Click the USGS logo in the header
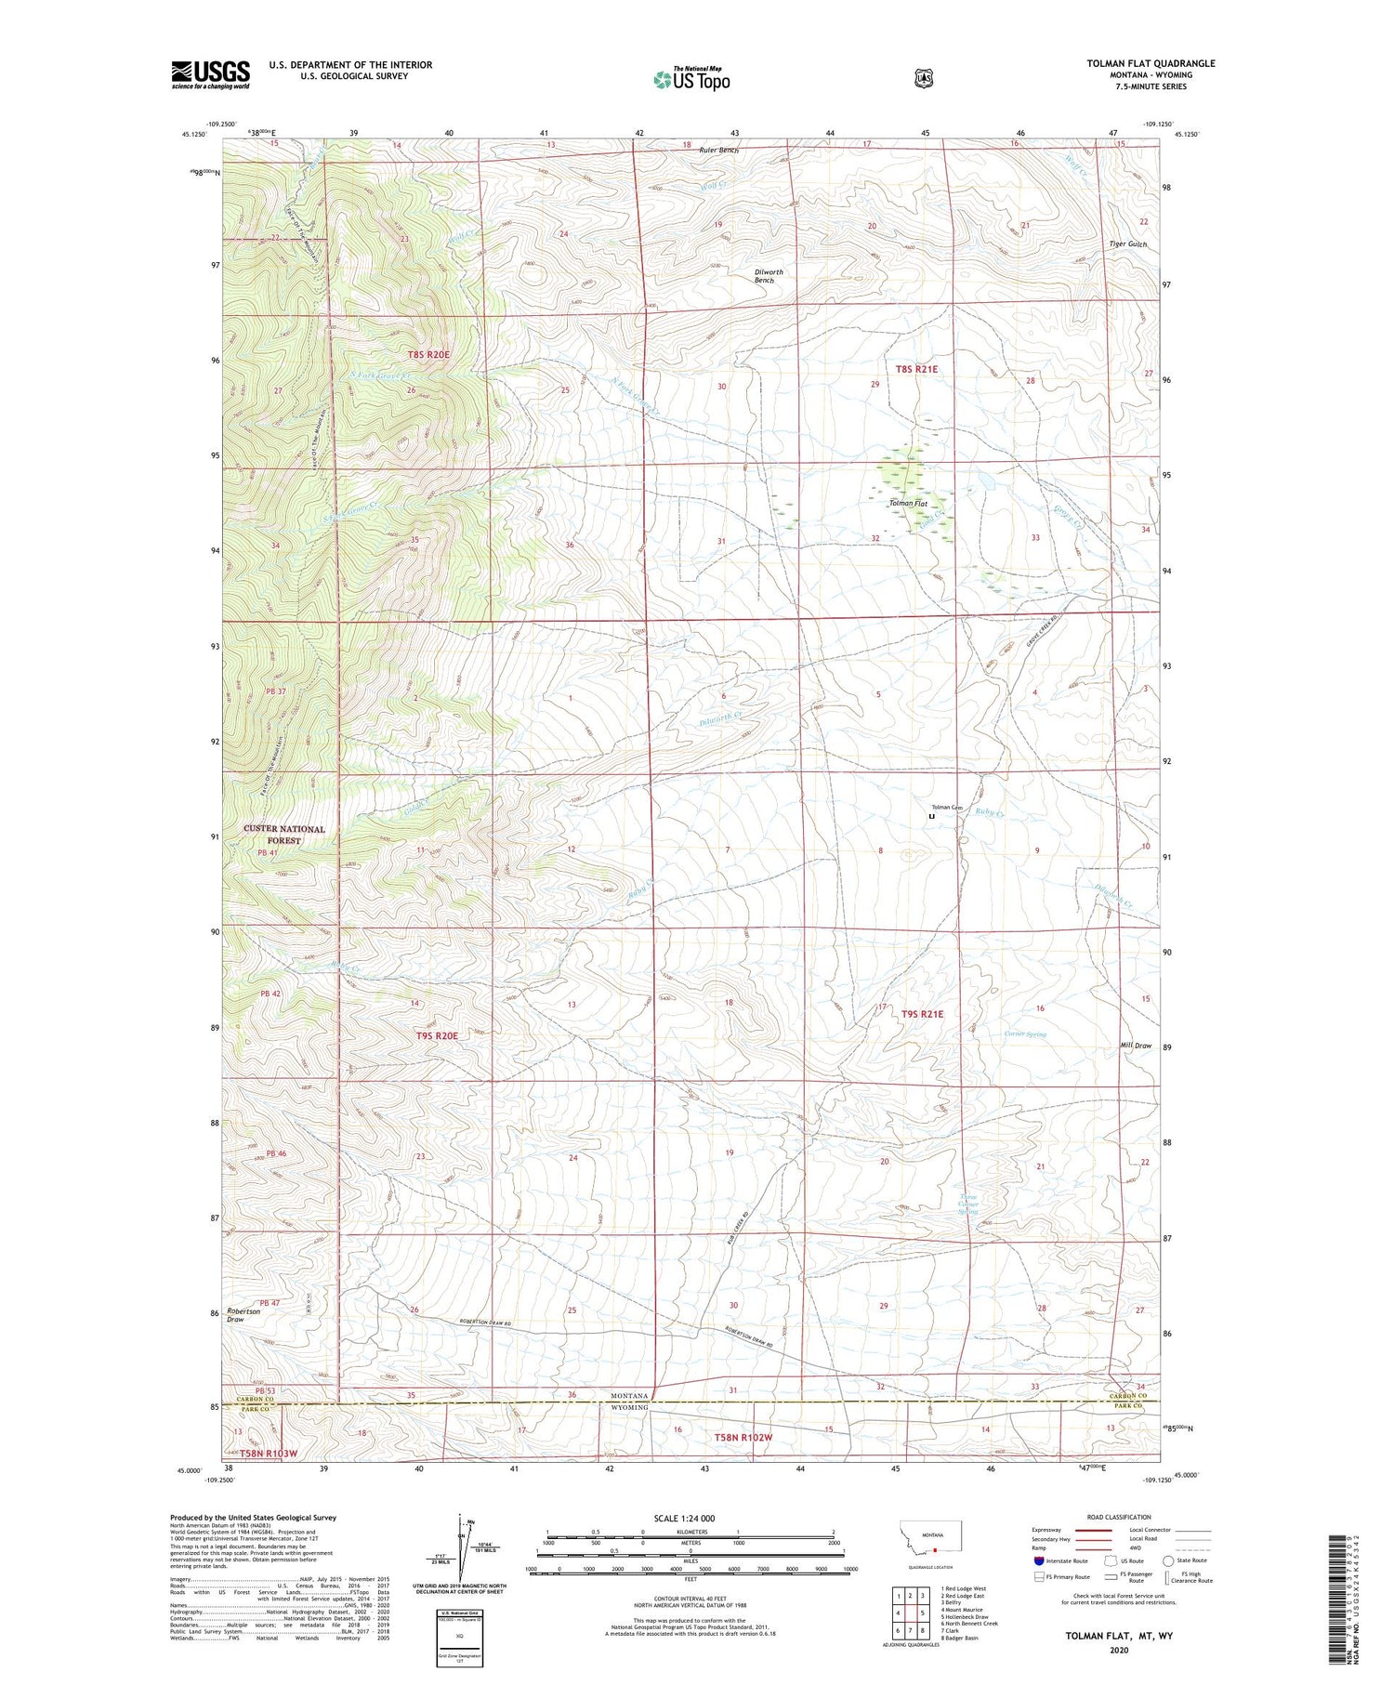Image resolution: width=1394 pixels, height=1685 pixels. pyautogui.click(x=210, y=74)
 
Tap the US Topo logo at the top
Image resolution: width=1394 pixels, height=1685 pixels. pyautogui.click(x=691, y=79)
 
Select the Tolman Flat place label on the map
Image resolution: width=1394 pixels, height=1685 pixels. pyautogui.click(x=908, y=503)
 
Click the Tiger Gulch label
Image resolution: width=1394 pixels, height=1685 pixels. pyautogui.click(x=1127, y=244)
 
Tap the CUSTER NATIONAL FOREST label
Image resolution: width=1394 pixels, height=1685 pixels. pyautogui.click(x=284, y=834)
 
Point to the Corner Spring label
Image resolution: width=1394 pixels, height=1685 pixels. pyautogui.click(x=1024, y=1033)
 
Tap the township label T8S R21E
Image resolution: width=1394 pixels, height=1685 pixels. pyautogui.click(x=916, y=369)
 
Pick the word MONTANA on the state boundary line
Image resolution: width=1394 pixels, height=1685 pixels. pyautogui.click(x=630, y=1395)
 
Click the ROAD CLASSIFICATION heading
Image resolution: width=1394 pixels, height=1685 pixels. pyautogui.click(x=1111, y=1517)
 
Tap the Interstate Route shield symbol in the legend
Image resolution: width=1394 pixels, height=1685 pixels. pyautogui.click(x=1038, y=1560)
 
